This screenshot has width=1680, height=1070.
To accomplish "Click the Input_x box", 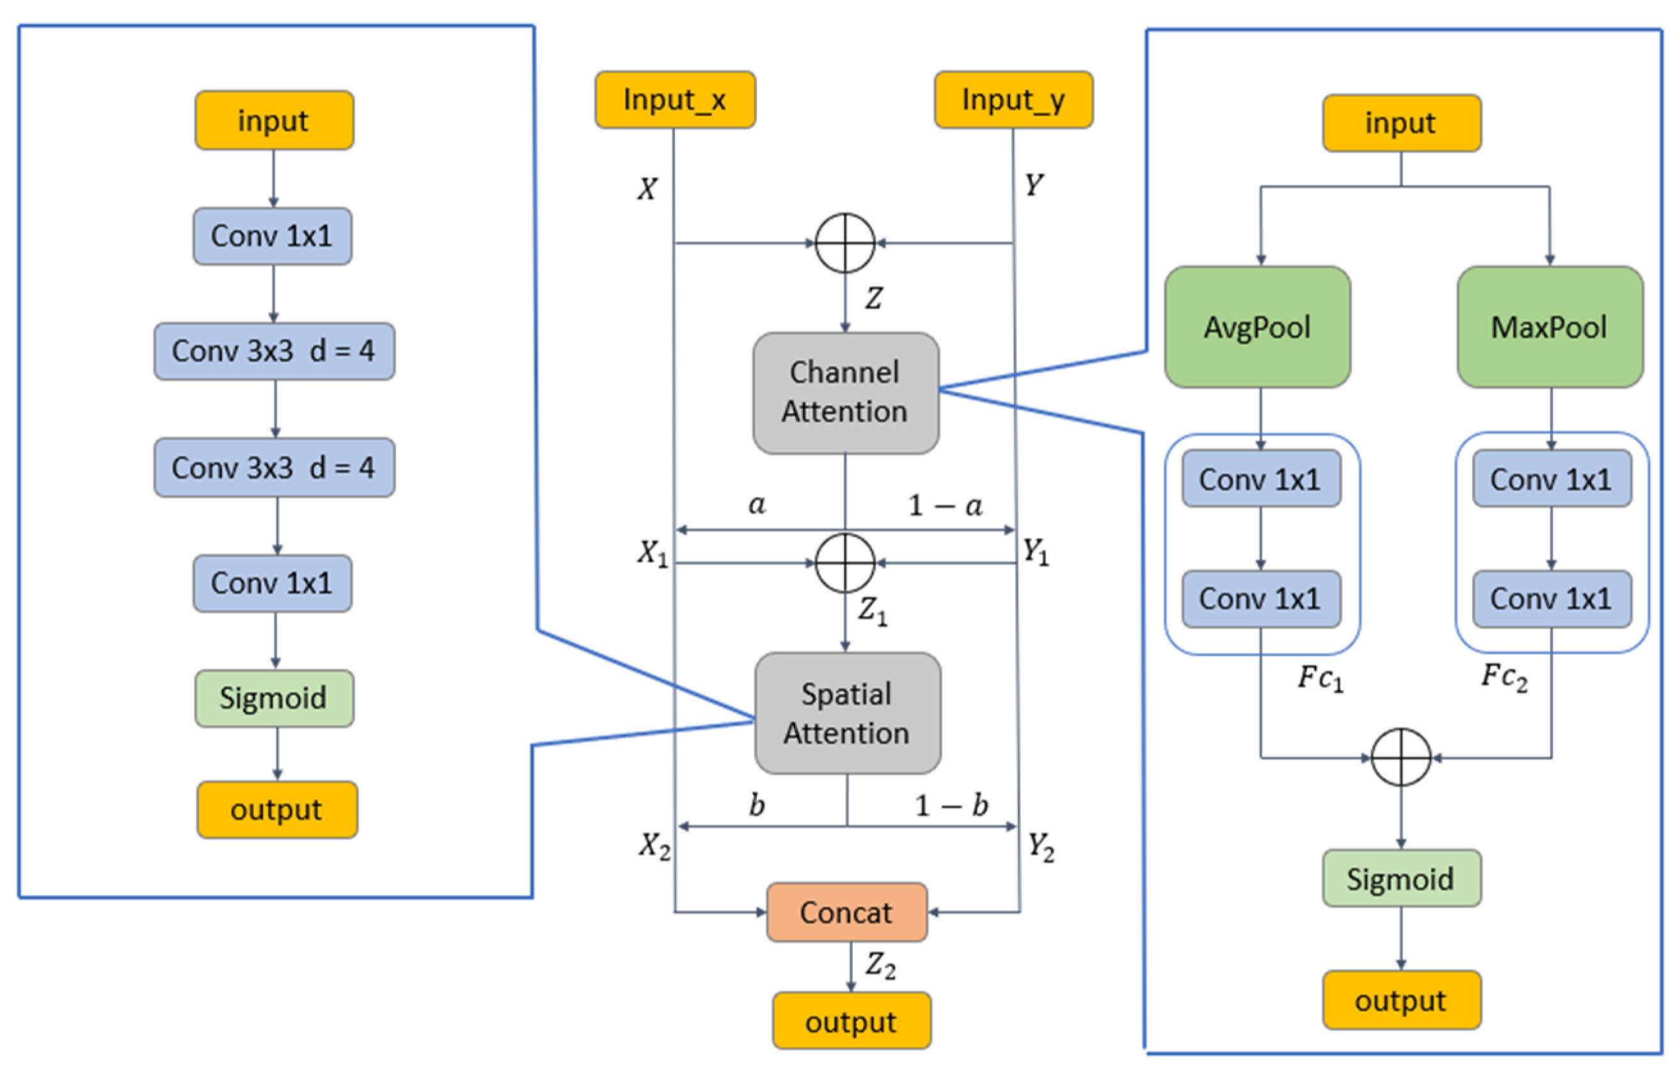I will point(675,100).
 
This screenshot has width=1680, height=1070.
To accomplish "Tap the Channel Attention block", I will point(846,393).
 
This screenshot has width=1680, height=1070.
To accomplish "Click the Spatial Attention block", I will point(847,713).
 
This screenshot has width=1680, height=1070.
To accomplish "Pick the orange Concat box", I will point(846,913).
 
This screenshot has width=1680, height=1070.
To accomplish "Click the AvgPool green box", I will point(1257,327).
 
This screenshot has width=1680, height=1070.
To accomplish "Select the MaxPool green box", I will point(1549,327).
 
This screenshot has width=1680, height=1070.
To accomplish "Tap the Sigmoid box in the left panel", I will point(273,698).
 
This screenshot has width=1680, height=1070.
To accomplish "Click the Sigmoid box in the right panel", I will point(1401,878).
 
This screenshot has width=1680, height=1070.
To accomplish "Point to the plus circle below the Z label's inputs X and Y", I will point(845,243).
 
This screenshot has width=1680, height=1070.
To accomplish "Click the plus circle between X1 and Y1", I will point(845,563).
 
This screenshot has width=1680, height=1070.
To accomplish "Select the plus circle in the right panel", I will point(1401,757).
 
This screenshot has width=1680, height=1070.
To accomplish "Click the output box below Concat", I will point(851,1022).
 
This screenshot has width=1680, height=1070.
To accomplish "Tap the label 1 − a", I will point(946,505).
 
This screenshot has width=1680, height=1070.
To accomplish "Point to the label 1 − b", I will point(951,806).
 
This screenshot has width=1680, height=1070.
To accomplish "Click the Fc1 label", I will point(1320,678).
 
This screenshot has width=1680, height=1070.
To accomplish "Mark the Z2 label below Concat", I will point(880,966).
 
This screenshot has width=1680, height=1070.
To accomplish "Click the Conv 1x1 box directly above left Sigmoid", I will point(272,583).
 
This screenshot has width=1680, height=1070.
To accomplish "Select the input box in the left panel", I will point(273,120).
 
